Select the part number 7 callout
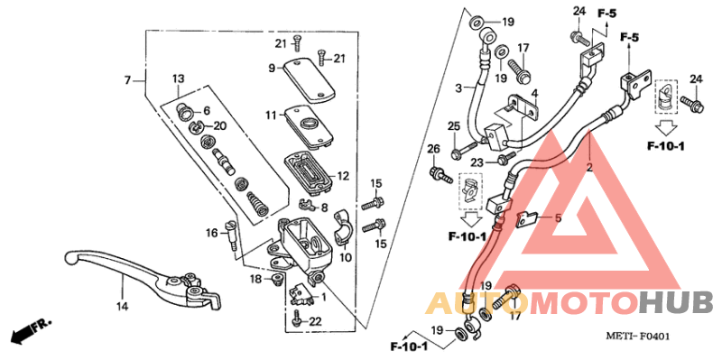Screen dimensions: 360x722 pyautogui.click(x=129, y=81)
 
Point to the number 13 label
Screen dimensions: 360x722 pyautogui.click(x=178, y=78)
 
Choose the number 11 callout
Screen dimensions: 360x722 pyautogui.click(x=270, y=116)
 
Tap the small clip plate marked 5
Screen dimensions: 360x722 pyautogui.click(x=528, y=217)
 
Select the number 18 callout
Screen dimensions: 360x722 pyautogui.click(x=255, y=280)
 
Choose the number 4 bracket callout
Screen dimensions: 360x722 pyautogui.click(x=534, y=94)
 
